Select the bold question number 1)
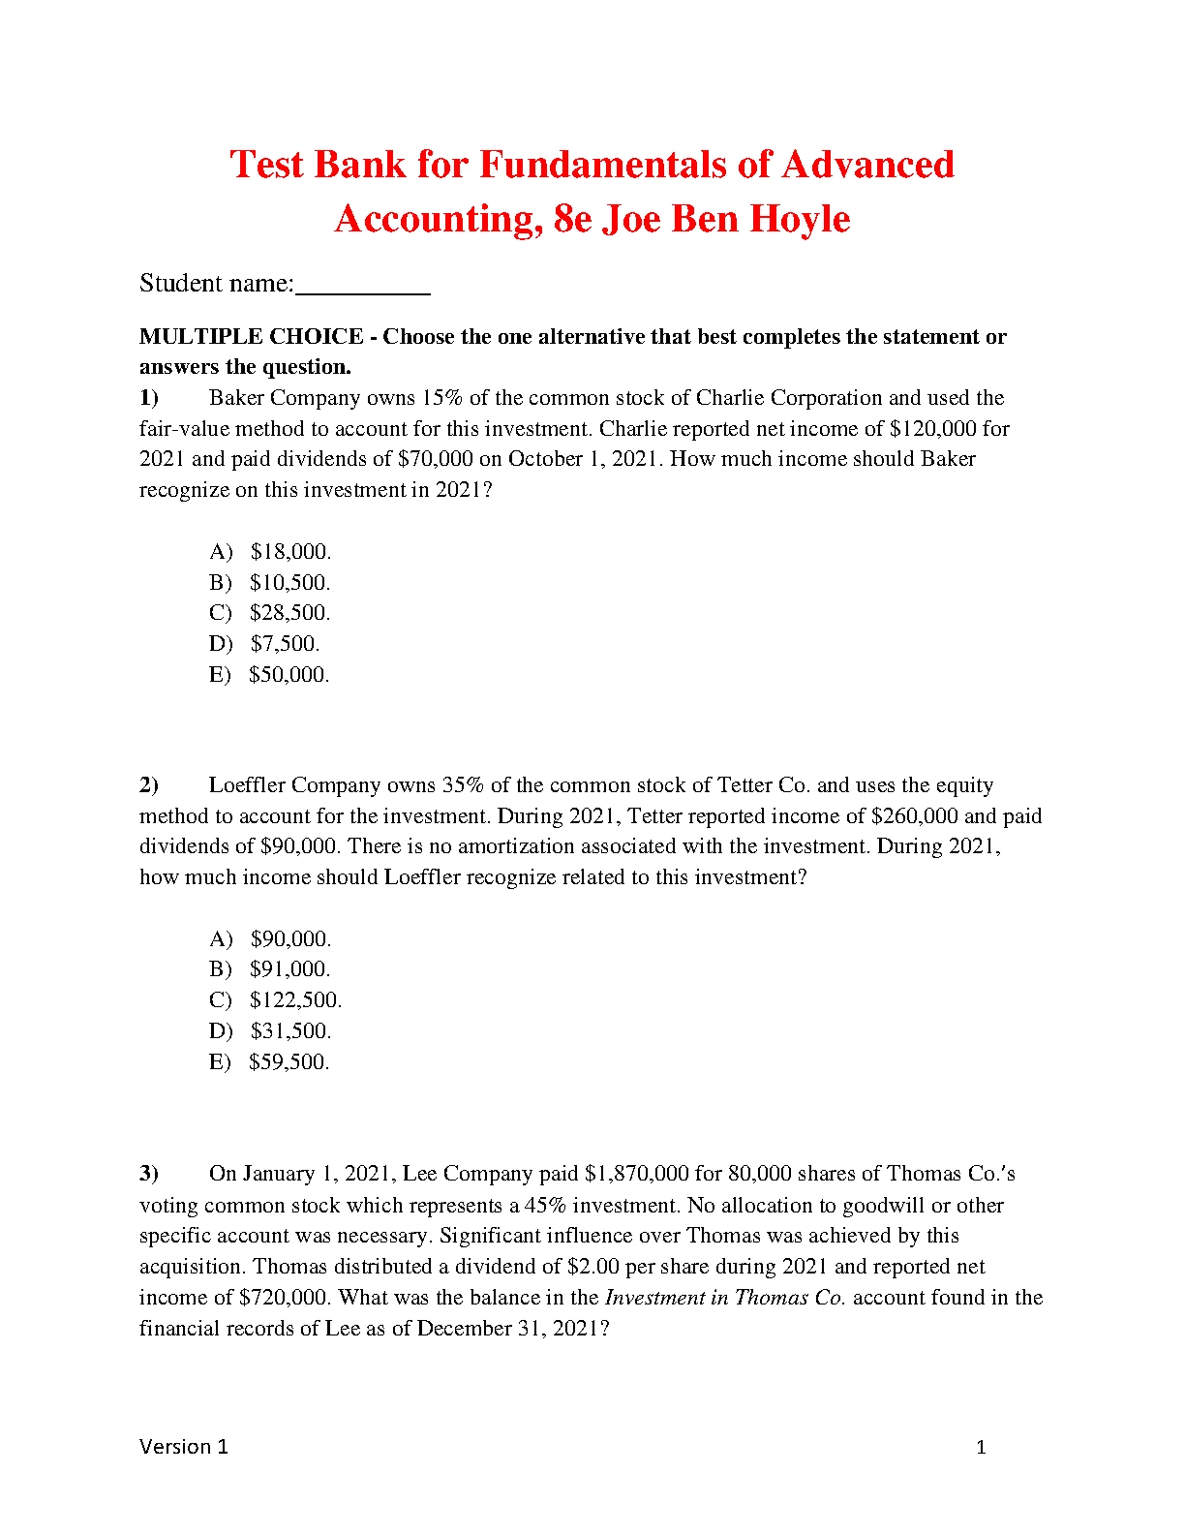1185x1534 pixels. click(x=149, y=398)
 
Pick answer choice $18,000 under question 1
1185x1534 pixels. click(x=290, y=552)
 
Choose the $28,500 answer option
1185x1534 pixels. click(x=289, y=613)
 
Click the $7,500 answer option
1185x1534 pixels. click(x=285, y=644)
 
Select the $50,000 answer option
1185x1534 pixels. click(x=289, y=675)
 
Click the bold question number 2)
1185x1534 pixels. click(x=149, y=785)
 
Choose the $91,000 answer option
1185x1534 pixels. click(x=289, y=969)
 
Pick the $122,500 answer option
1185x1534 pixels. click(x=295, y=1000)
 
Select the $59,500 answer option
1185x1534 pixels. click(x=289, y=1062)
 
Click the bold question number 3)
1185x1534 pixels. click(x=149, y=1174)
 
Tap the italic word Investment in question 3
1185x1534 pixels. click(x=654, y=1298)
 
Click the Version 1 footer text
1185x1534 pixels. click(x=184, y=1447)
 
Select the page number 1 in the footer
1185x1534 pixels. click(x=981, y=1448)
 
